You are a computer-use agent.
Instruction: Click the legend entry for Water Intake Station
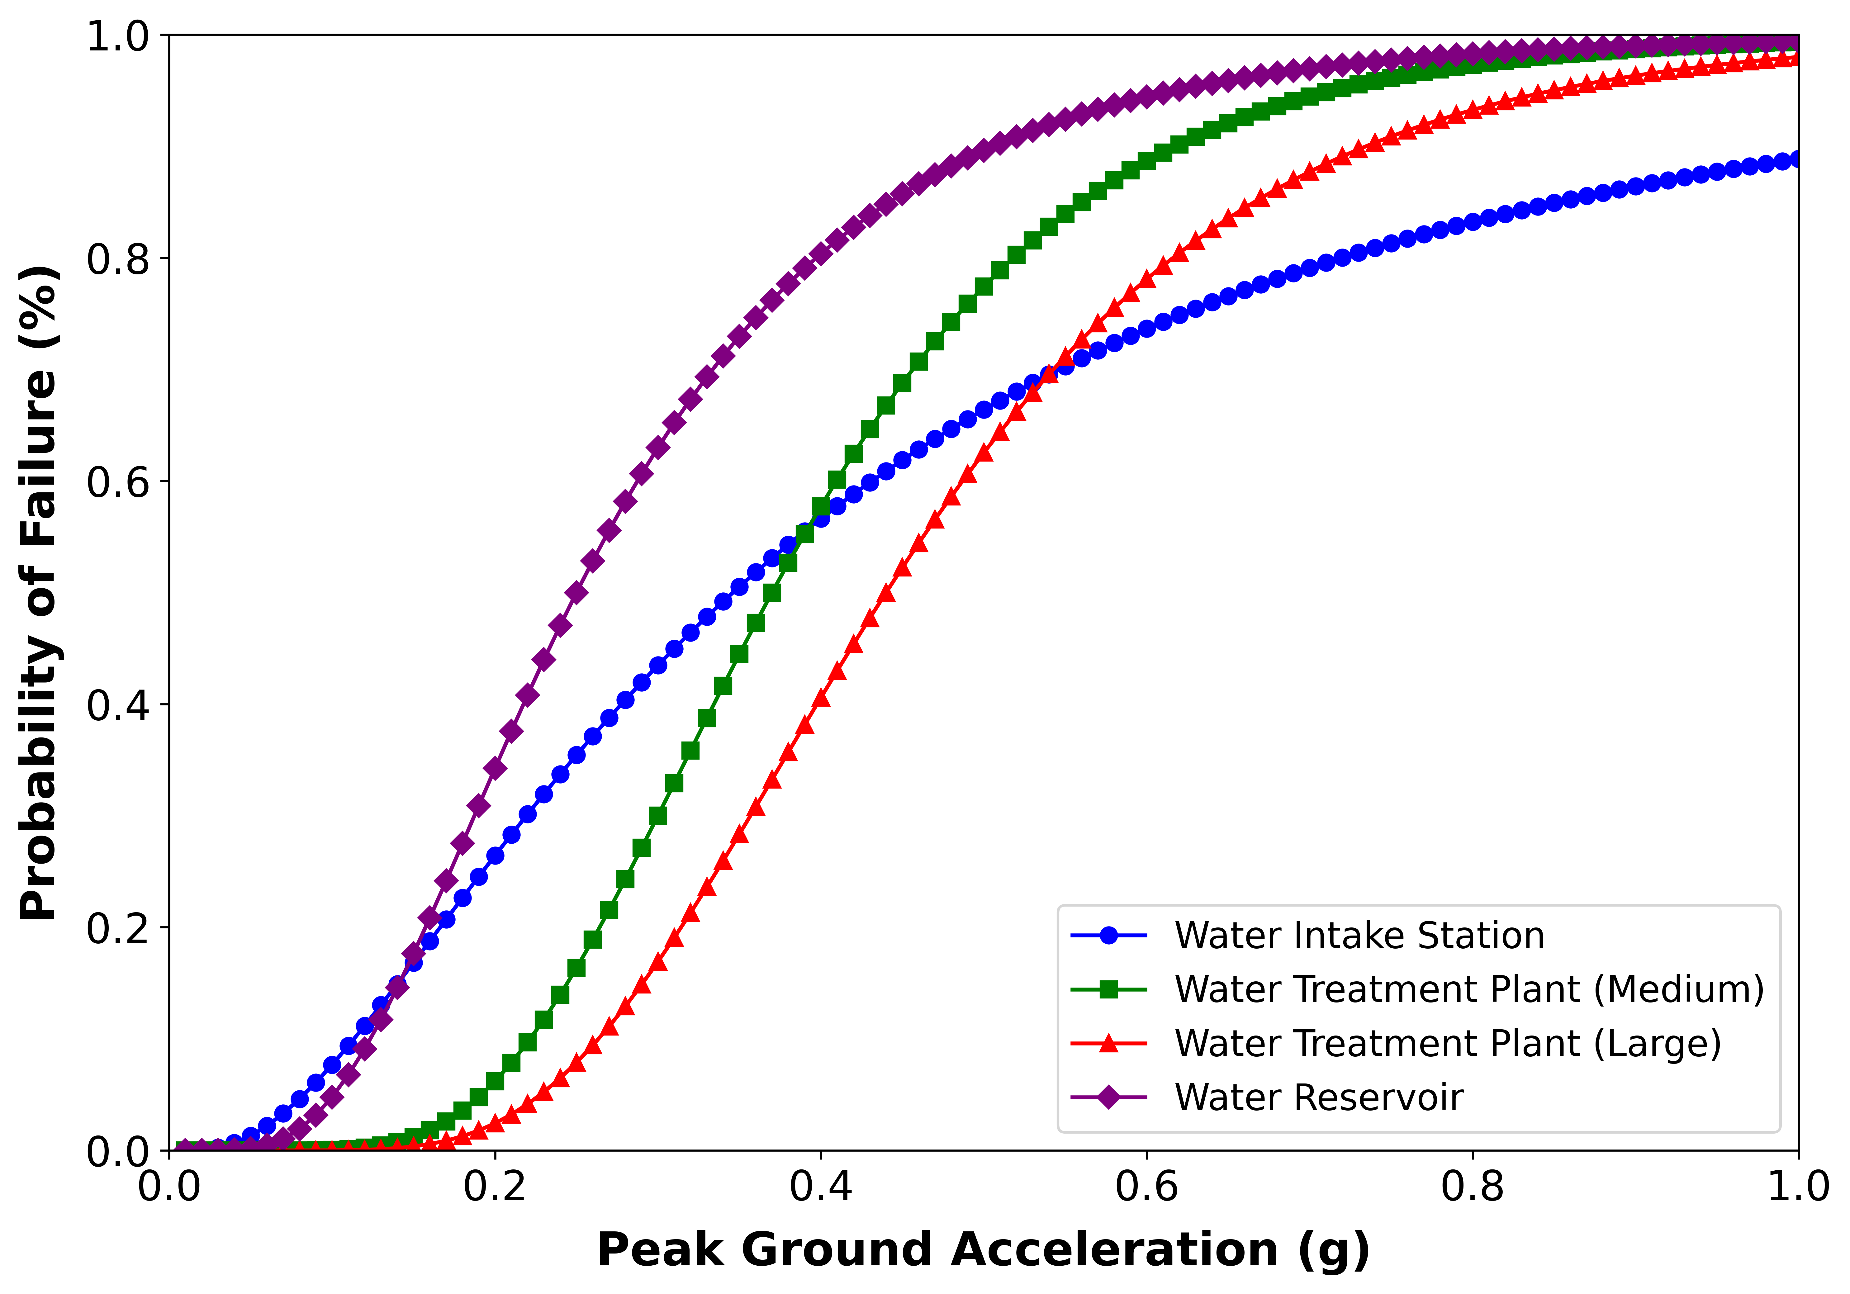click(1359, 936)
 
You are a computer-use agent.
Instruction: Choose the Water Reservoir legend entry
click(1318, 1097)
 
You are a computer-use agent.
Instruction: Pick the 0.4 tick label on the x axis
click(820, 1187)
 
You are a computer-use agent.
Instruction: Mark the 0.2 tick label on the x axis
click(495, 1187)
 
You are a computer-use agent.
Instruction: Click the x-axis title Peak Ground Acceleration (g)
click(983, 1250)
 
